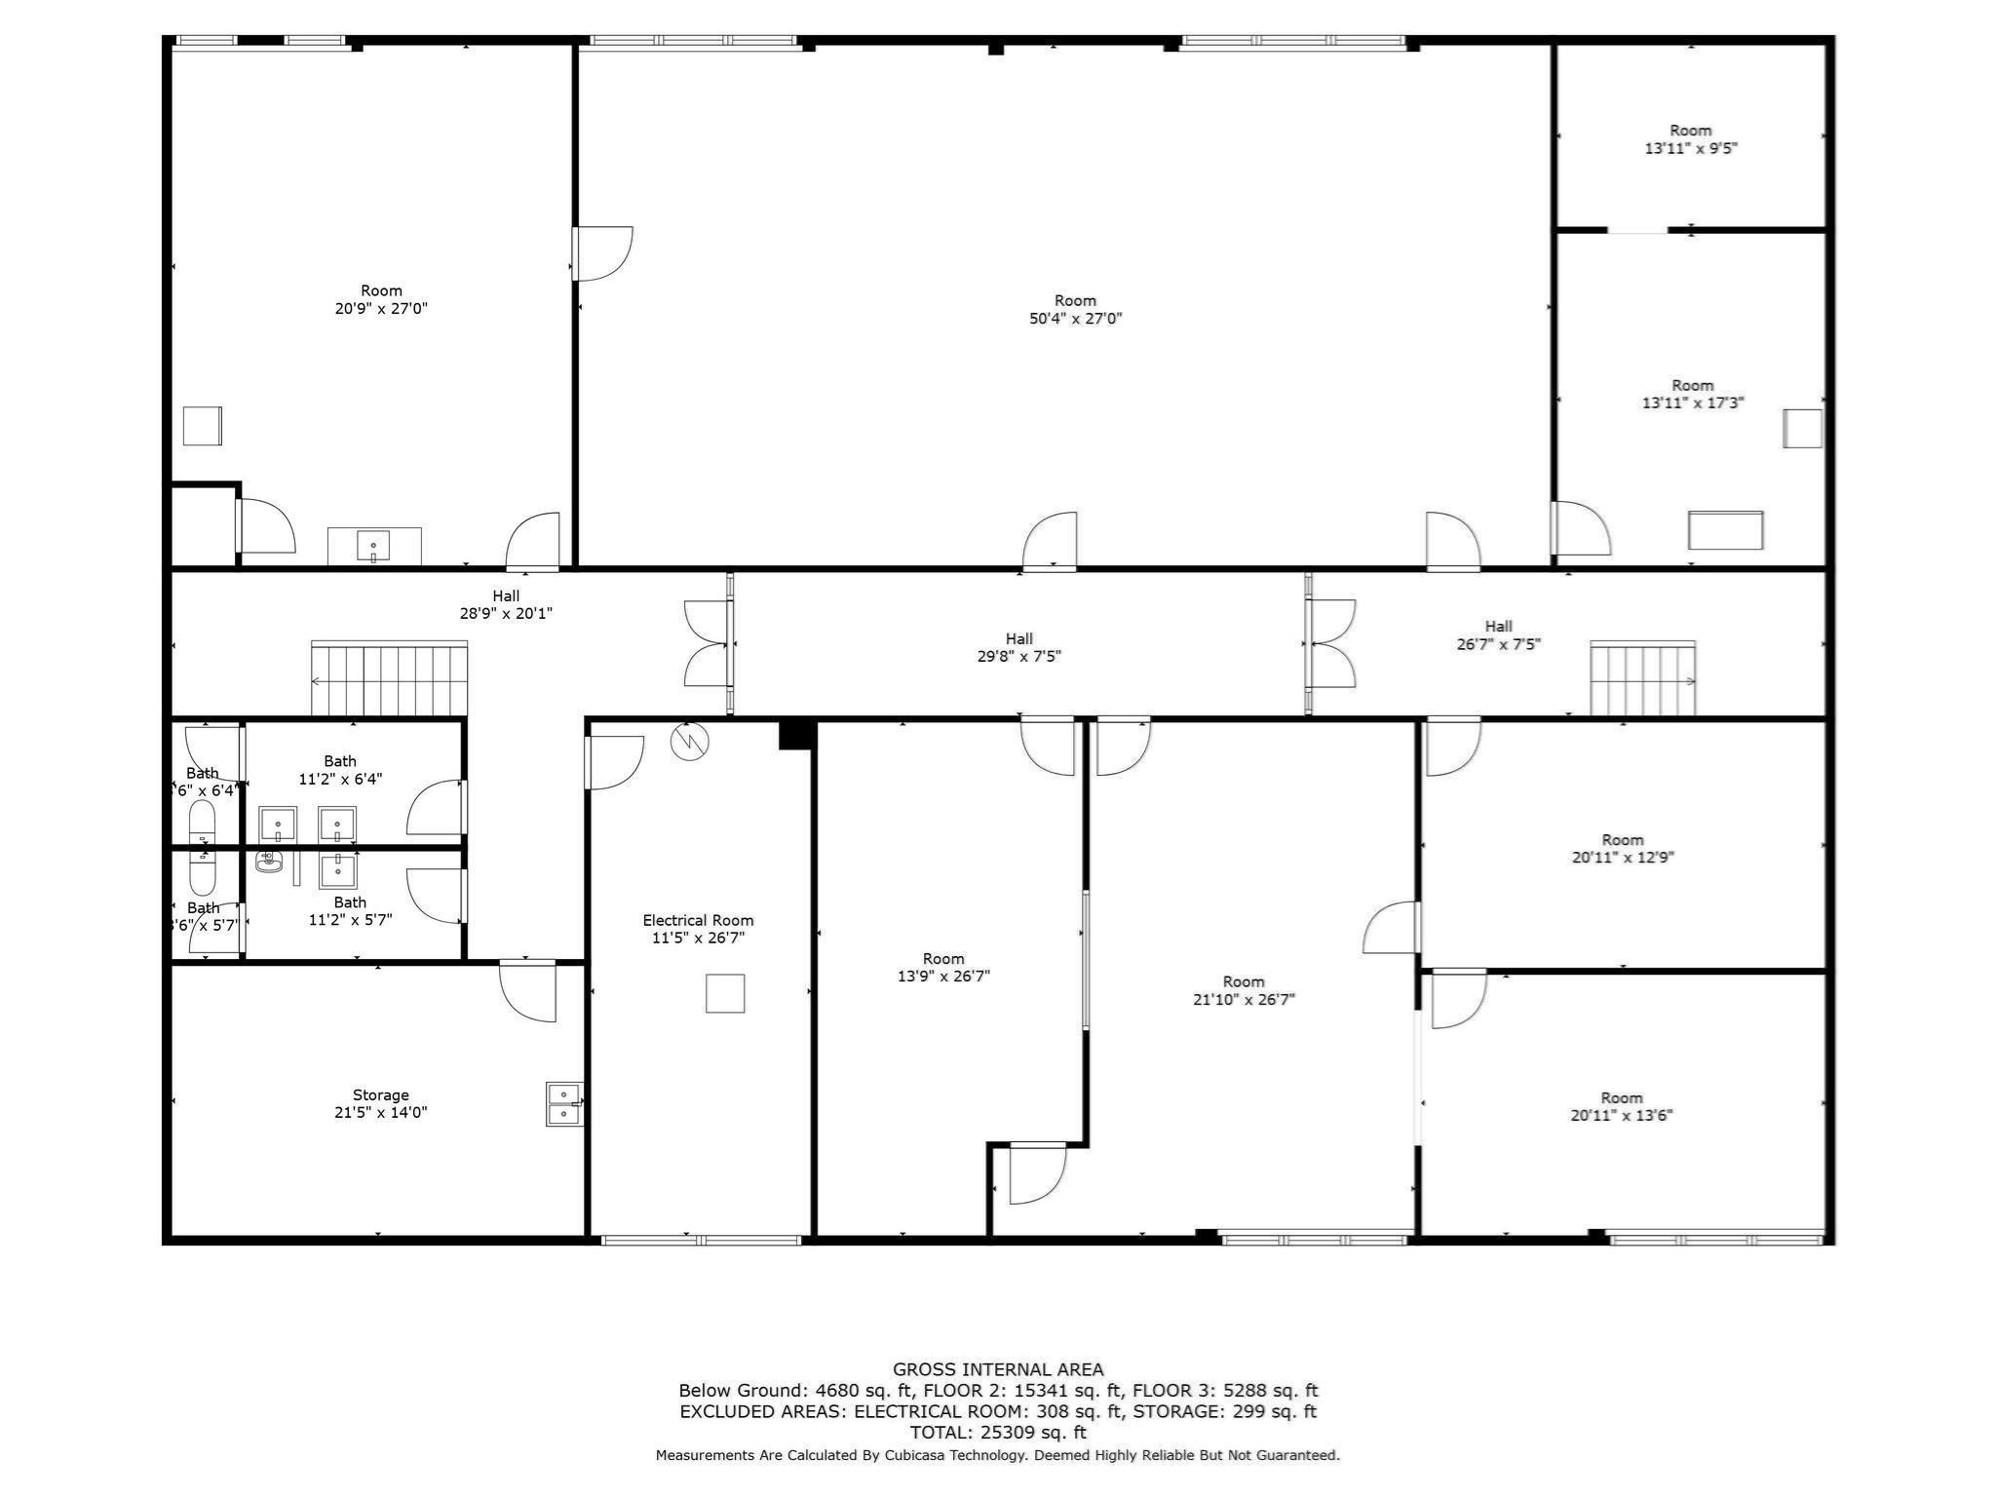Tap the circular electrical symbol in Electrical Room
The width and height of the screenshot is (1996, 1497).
689,743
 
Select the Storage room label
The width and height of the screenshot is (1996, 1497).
380,1094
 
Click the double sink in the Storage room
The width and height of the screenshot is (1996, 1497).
563,1104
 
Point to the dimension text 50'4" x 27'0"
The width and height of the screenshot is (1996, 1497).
1075,319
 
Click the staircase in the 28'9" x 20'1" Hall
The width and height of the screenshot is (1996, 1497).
389,678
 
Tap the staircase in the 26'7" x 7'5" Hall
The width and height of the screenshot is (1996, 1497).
1642,678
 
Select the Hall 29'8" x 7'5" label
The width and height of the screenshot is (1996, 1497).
1018,647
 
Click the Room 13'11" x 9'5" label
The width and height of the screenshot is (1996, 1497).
1690,139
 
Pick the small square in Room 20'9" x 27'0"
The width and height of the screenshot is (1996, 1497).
203,426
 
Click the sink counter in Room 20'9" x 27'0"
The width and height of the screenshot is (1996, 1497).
374,546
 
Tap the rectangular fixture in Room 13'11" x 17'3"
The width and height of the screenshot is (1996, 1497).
1725,530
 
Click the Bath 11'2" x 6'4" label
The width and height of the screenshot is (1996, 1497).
340,770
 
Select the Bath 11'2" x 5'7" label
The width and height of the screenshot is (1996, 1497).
350,910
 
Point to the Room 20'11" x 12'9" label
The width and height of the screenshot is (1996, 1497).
1622,848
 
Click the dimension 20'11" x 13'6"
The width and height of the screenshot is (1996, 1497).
1621,1116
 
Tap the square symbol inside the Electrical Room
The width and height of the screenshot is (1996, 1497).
724,993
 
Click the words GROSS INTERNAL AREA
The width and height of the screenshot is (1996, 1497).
997,1369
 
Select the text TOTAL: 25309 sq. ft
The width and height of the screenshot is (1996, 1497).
997,1433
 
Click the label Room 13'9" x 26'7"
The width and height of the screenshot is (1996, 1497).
942,967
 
